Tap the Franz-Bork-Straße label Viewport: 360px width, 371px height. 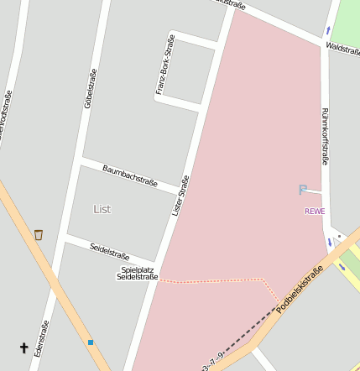click(165, 64)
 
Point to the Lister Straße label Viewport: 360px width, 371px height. click(180, 195)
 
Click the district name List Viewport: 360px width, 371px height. click(102, 209)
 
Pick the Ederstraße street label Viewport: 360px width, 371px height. click(40, 338)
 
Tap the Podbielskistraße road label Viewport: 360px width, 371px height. click(300, 290)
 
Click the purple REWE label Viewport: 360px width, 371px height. click(315, 211)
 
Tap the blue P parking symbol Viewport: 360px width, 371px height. click(303, 191)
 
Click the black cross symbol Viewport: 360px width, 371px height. click(23, 347)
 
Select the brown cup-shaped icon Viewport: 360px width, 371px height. click(38, 235)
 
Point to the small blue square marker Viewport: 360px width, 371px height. click(90, 342)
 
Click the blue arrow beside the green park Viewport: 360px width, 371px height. click(328, 31)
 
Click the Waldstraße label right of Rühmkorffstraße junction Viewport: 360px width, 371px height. click(342, 50)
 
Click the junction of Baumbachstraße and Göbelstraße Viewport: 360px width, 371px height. click(81, 159)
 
